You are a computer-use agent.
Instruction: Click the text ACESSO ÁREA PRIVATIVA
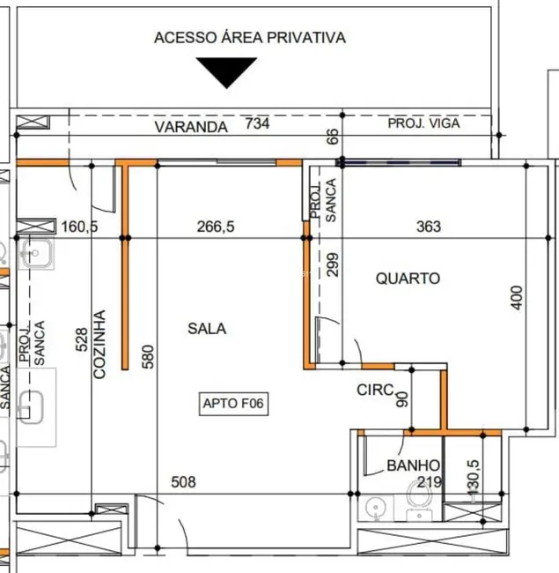[x=249, y=38]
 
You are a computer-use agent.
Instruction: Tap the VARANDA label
[x=191, y=126]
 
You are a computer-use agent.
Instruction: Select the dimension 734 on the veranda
[x=257, y=124]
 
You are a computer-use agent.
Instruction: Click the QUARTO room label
[x=407, y=279]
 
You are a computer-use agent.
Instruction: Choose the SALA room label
[x=207, y=329]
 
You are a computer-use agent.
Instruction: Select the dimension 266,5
[x=216, y=227]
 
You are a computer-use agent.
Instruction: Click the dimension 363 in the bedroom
[x=428, y=227]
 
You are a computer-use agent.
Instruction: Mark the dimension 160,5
[x=79, y=227]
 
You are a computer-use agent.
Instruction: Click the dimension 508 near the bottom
[x=182, y=482]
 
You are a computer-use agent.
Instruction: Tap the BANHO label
[x=413, y=466]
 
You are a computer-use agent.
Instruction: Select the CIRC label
[x=373, y=390]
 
